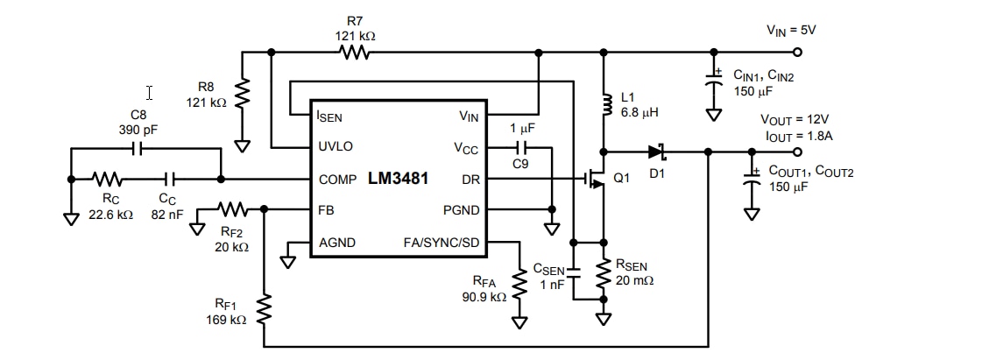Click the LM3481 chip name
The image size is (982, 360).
point(398,179)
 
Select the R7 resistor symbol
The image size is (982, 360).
point(355,53)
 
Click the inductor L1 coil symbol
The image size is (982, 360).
point(603,106)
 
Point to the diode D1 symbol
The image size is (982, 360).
point(657,152)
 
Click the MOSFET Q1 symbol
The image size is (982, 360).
point(597,179)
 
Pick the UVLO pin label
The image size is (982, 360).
point(335,146)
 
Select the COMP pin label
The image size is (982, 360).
point(337,179)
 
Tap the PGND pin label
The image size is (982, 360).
point(461,210)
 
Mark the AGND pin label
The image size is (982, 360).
point(336,243)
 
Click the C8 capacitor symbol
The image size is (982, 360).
point(136,150)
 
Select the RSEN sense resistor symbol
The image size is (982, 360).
point(603,275)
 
